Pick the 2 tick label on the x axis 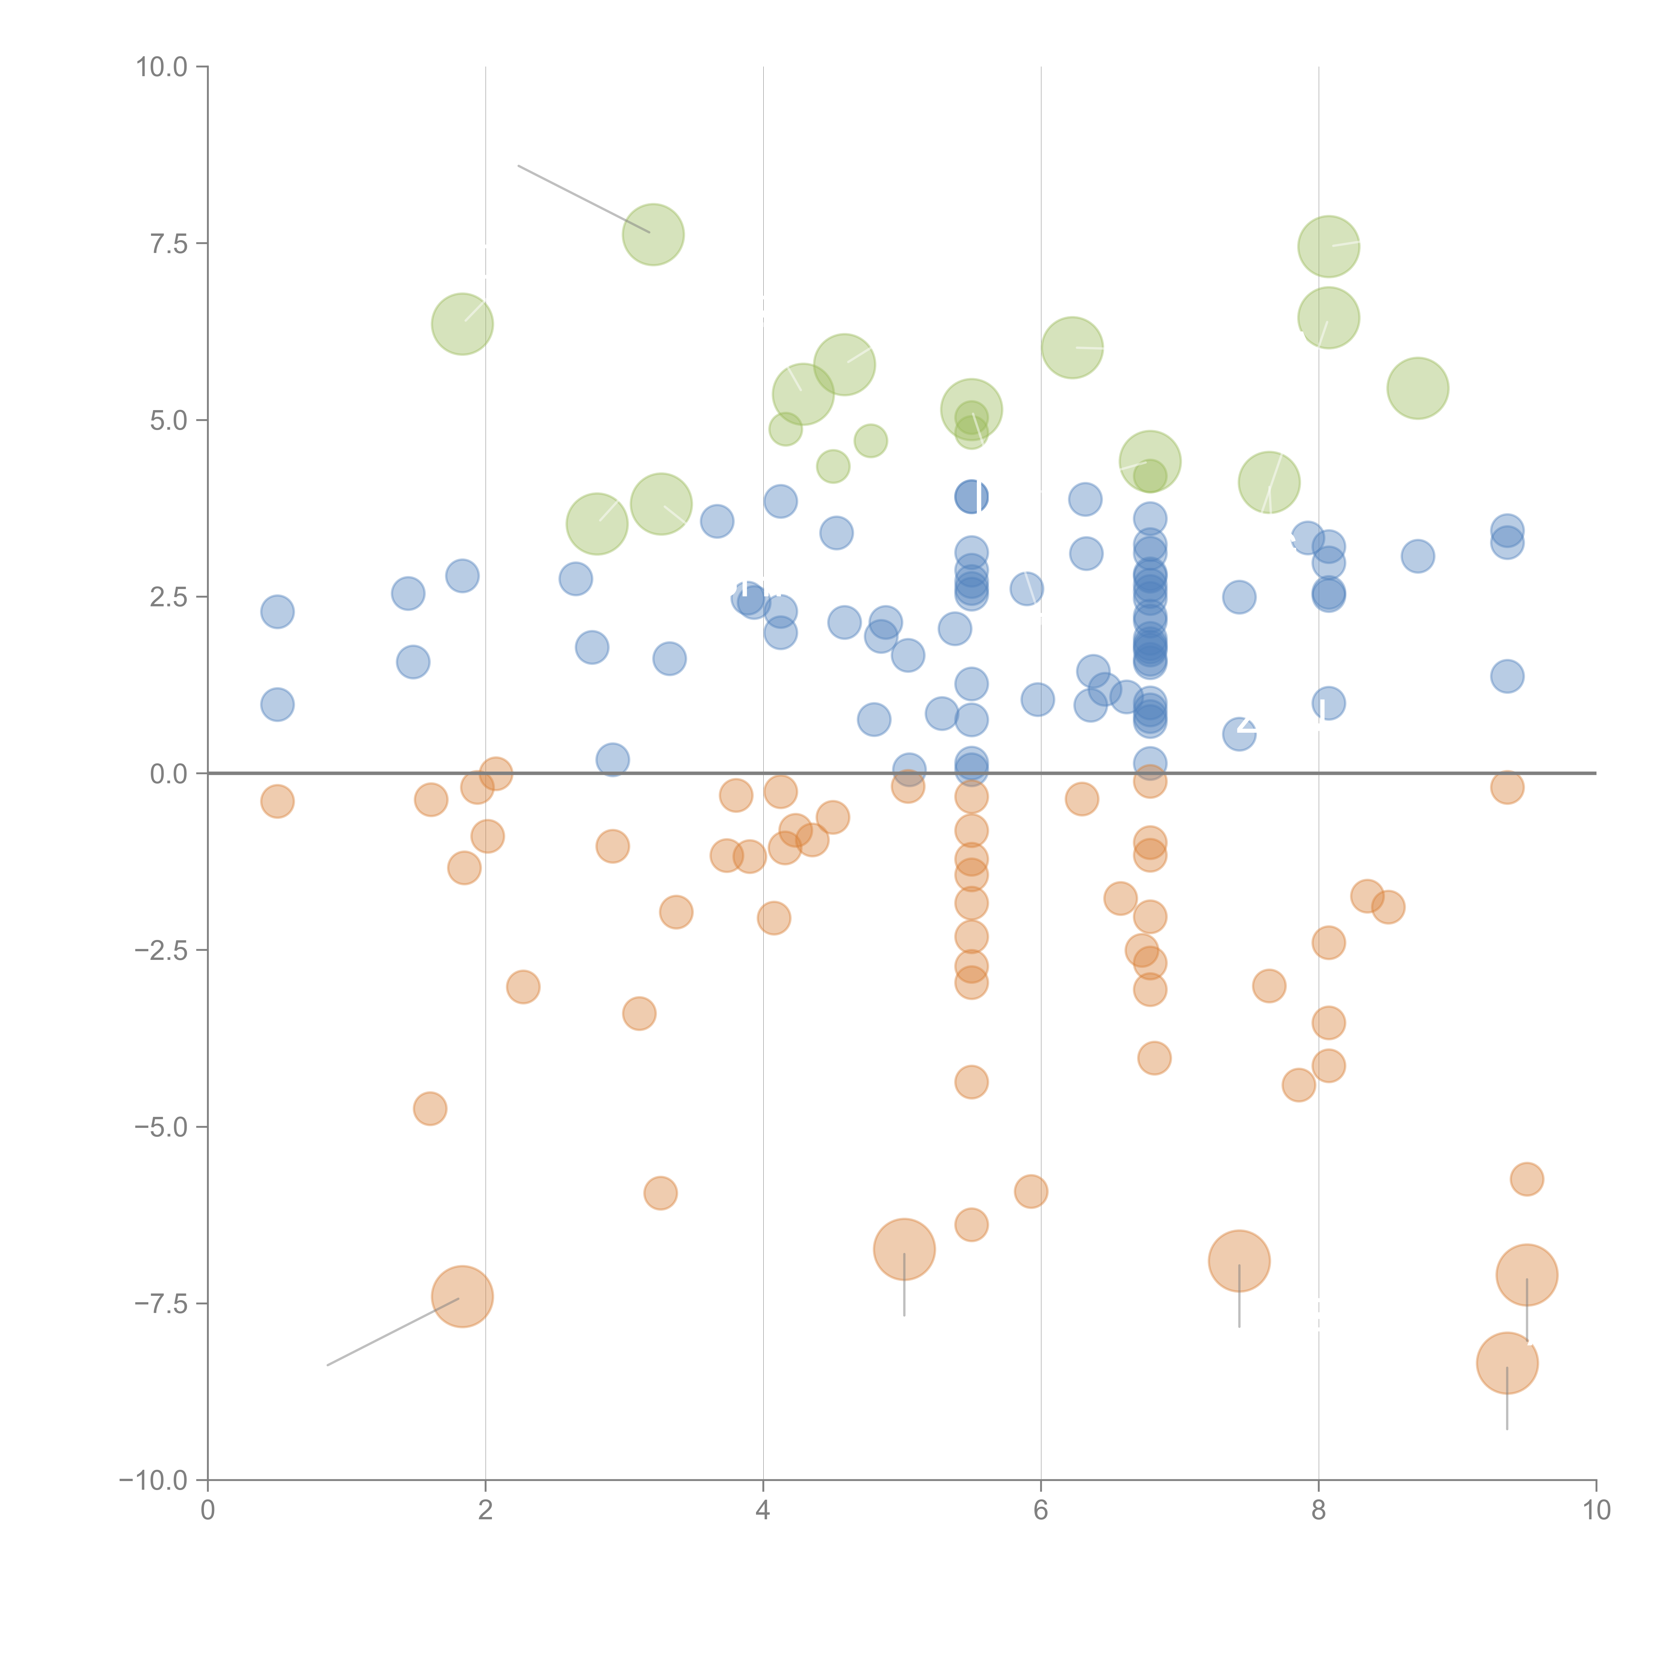pos(486,1512)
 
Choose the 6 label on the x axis pos(1041,1512)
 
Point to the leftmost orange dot pos(277,801)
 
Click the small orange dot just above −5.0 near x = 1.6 pos(430,1109)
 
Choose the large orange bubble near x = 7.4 pos(1239,1261)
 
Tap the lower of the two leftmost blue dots pos(277,704)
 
